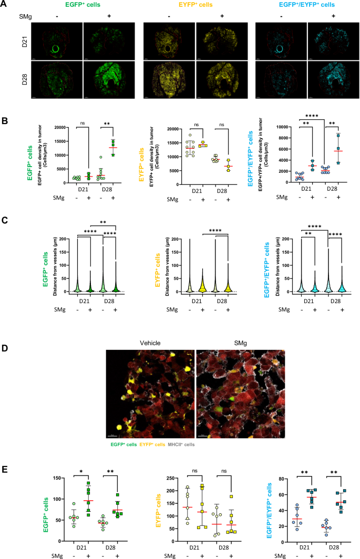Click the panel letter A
[5, 4]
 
